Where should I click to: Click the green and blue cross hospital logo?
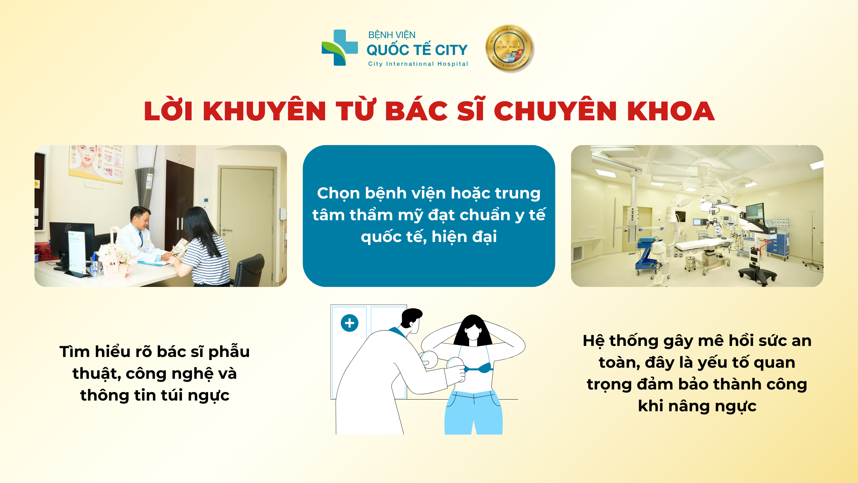[339, 48]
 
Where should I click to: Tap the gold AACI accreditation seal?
[509, 48]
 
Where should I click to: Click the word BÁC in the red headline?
[417, 111]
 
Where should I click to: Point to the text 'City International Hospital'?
[418, 64]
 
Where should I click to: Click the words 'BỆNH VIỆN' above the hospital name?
[392, 35]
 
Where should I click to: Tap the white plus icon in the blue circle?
[350, 323]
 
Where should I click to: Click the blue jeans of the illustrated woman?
[474, 412]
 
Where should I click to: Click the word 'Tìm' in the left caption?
[74, 352]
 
